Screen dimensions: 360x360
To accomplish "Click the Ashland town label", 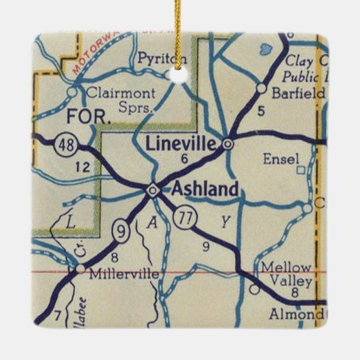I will (x=205, y=190).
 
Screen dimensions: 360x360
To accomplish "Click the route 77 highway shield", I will (x=183, y=218).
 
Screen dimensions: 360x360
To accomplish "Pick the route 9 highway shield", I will (x=120, y=232).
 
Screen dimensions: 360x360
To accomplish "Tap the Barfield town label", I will (x=298, y=94).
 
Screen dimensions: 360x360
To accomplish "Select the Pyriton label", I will (x=157, y=59).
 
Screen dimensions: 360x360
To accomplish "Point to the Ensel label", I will (x=280, y=159).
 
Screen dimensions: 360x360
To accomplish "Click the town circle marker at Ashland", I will (x=154, y=190).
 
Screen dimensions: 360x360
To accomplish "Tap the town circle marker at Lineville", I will (x=228, y=143).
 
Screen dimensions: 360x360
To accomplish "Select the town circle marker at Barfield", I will (x=261, y=88).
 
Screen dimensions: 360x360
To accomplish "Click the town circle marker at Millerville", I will (x=81, y=270).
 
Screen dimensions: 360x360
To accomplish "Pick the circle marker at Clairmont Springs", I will (x=73, y=90).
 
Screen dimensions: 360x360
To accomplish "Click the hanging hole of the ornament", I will (x=181, y=75).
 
